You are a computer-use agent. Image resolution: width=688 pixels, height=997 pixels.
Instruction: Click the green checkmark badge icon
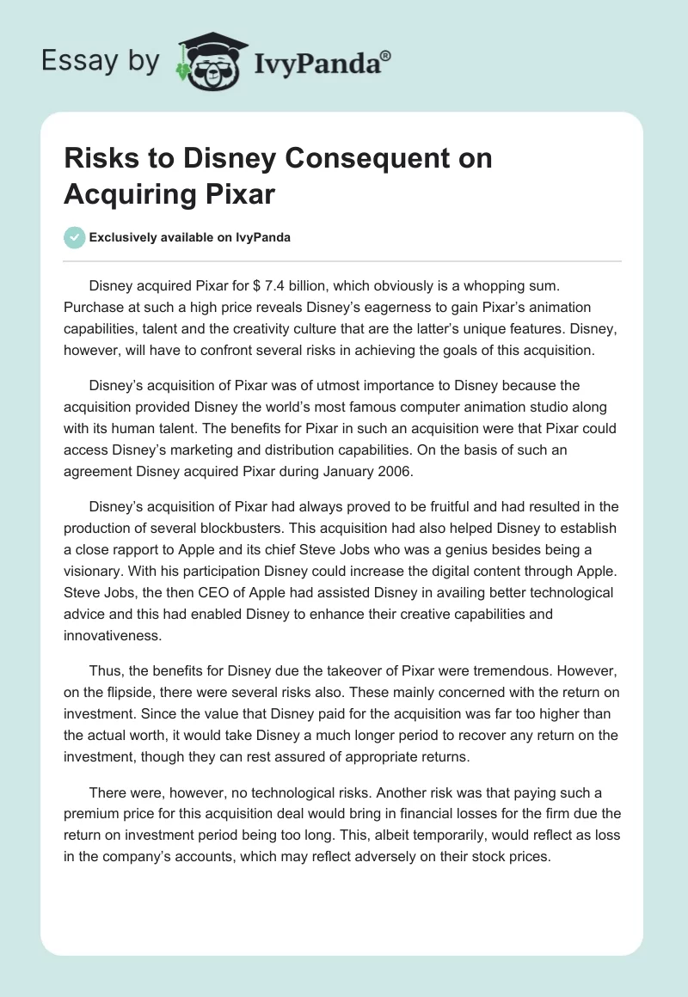point(74,237)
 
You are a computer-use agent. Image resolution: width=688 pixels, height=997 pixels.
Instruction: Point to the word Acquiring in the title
point(116,193)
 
